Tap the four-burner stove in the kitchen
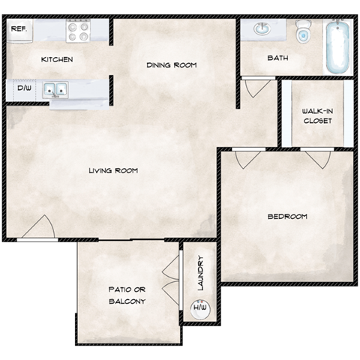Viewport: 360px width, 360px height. point(78,31)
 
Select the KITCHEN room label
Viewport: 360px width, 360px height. point(57,59)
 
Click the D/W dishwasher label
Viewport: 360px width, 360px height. point(24,88)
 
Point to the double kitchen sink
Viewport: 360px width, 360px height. point(55,90)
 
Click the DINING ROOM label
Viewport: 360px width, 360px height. point(171,65)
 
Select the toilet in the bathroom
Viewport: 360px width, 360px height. point(304,31)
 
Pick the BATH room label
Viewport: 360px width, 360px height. point(277,58)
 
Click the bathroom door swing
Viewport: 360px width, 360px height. point(255,87)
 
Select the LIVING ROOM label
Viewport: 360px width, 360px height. point(113,170)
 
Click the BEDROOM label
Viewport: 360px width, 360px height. point(287,217)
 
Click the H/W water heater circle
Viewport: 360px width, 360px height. point(200,307)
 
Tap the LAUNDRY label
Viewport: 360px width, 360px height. point(200,274)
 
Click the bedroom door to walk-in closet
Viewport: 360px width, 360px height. point(315,158)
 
